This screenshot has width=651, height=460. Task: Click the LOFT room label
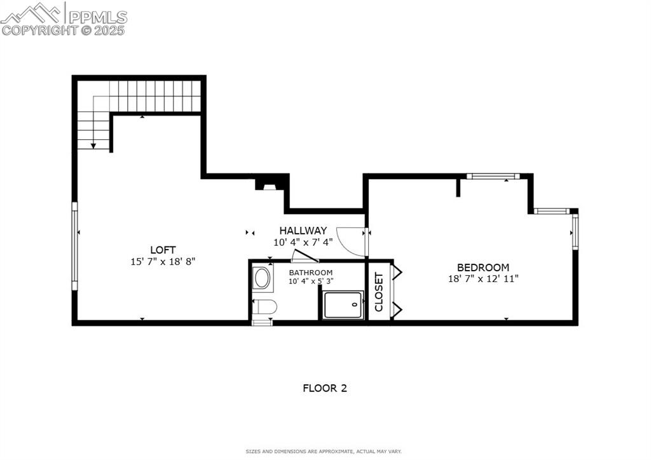coord(163,250)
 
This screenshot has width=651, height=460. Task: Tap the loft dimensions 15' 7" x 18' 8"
coord(163,261)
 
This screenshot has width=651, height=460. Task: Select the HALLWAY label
coord(303,231)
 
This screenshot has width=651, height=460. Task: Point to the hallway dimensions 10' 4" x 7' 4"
coord(303,242)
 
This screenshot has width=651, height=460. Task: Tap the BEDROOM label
coord(483,267)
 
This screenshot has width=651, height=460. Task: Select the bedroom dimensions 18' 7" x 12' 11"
coord(483,278)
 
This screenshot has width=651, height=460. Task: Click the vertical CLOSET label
coord(379,292)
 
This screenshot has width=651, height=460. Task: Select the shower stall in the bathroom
coord(343,304)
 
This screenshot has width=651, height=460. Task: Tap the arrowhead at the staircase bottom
coord(93,146)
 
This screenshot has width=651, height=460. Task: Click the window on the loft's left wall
coord(74,246)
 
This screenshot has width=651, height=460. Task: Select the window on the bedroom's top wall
coord(493,176)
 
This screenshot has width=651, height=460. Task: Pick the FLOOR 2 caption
coord(324,388)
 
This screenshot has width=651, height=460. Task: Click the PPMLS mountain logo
coord(32,13)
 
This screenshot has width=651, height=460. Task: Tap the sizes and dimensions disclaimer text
coord(324,451)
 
